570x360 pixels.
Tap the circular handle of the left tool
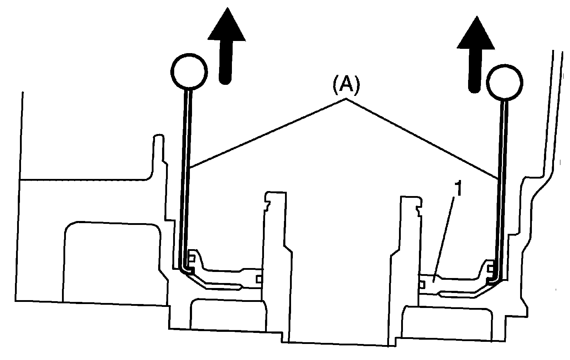tap(189, 71)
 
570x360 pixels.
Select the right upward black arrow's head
tap(476, 34)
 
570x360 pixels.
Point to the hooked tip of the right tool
tap(493, 280)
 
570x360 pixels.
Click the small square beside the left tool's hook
tap(192, 258)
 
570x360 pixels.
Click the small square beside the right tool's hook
tap(491, 267)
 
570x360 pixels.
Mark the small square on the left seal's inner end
tap(259, 277)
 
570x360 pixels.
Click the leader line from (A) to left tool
tap(267, 134)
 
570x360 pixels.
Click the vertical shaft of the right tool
tap(503, 189)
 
